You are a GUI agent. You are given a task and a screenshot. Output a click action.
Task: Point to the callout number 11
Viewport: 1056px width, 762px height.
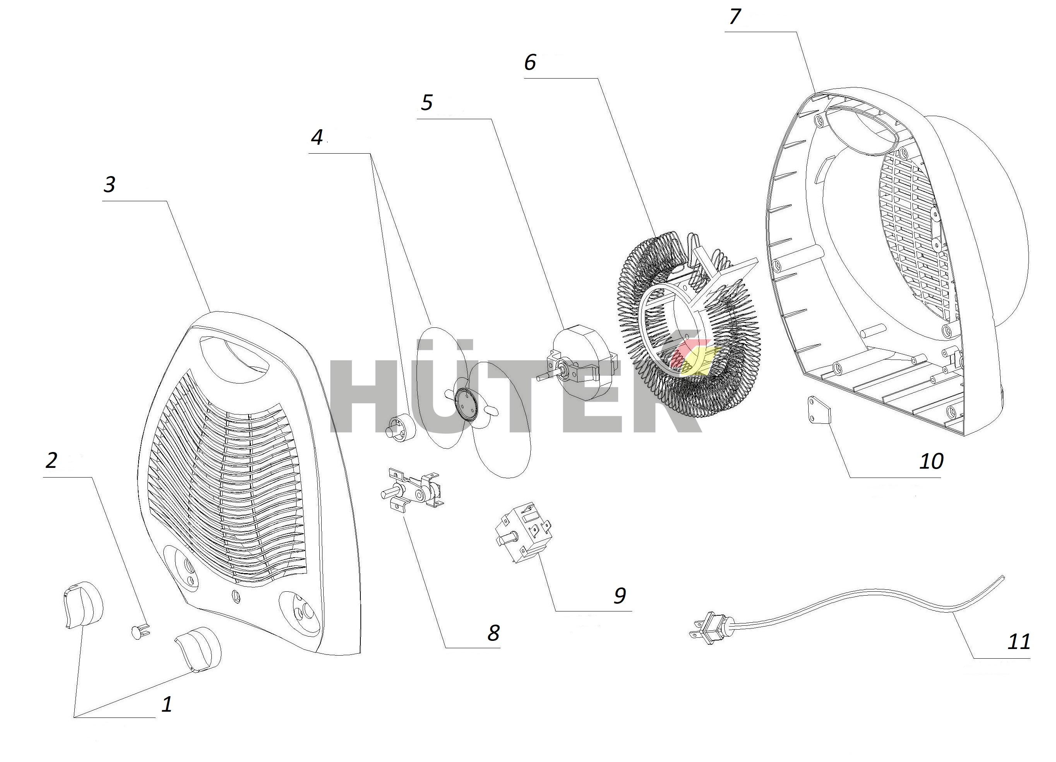coord(1018,641)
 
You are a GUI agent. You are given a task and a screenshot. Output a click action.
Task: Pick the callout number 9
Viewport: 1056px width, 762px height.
coord(620,595)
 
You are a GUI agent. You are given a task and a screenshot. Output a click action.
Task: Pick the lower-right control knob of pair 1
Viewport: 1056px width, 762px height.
coord(197,649)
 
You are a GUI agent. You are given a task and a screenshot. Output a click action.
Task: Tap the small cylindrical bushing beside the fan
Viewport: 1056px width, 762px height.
coord(401,427)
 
